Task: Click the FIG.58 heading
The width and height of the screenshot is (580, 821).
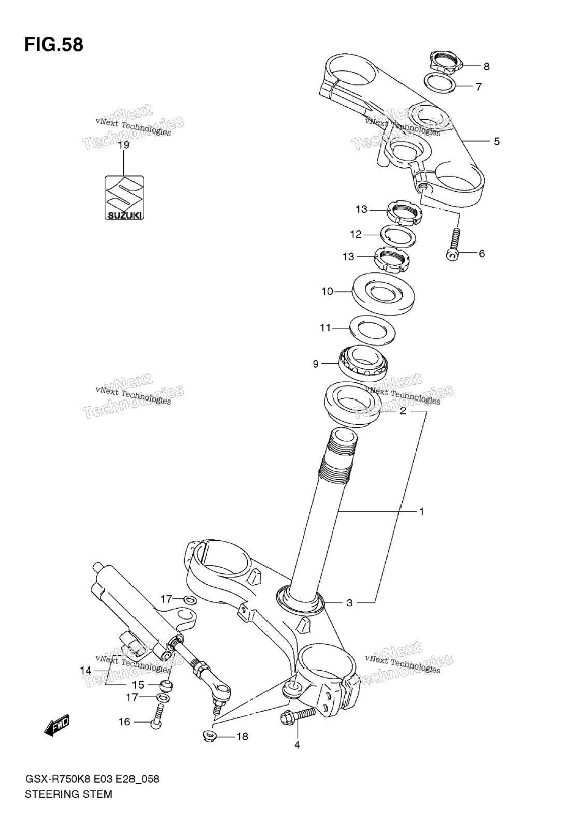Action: [x=54, y=45]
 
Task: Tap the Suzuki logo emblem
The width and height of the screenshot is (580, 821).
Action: [x=124, y=198]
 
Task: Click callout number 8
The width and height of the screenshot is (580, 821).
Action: [x=487, y=66]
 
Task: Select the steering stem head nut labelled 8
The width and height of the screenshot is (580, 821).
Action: [x=444, y=62]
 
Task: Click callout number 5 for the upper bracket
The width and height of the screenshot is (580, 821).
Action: [x=497, y=141]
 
